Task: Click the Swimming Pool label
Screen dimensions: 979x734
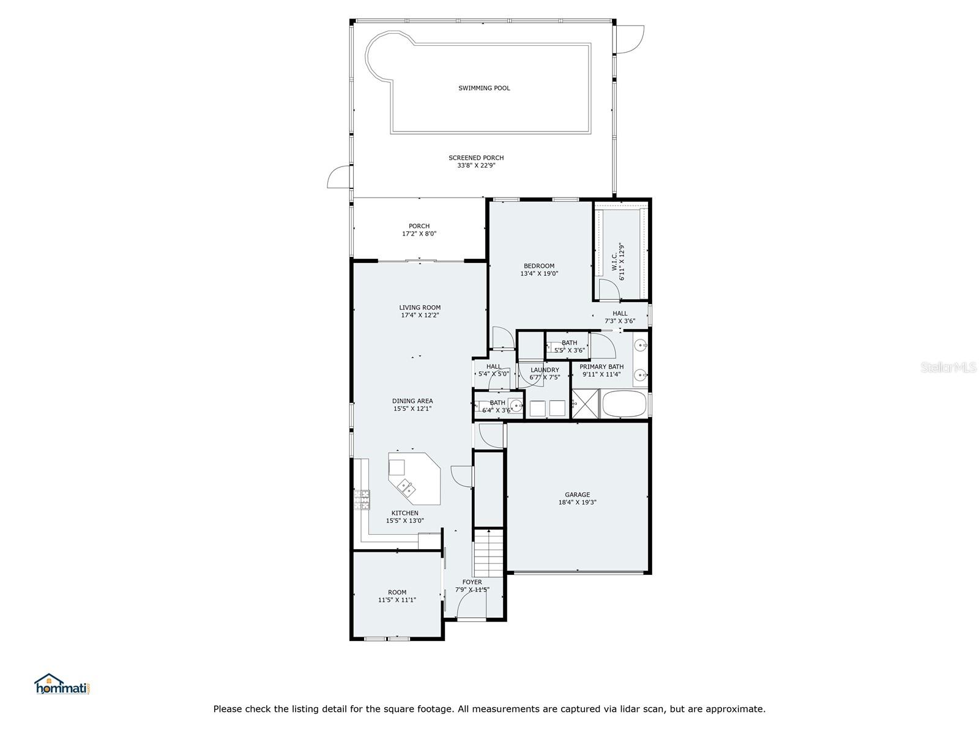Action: [x=484, y=88]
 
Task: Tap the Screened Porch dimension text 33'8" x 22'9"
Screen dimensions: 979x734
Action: [x=476, y=165]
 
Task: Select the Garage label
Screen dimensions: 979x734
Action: [x=577, y=495]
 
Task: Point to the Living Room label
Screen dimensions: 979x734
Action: [x=420, y=308]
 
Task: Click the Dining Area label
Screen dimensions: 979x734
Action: [x=412, y=401]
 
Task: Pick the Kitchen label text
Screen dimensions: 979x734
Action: [x=405, y=513]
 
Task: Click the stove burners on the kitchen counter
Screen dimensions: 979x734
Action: [x=362, y=500]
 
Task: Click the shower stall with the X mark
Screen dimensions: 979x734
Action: [x=585, y=404]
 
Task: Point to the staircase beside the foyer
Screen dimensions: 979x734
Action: [x=488, y=553]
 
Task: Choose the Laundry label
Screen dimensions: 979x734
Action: [x=545, y=370]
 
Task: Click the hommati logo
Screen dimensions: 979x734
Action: [x=62, y=684]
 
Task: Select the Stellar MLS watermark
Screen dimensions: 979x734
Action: [x=948, y=367]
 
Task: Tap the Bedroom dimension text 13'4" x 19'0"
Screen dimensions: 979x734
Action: [x=539, y=273]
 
